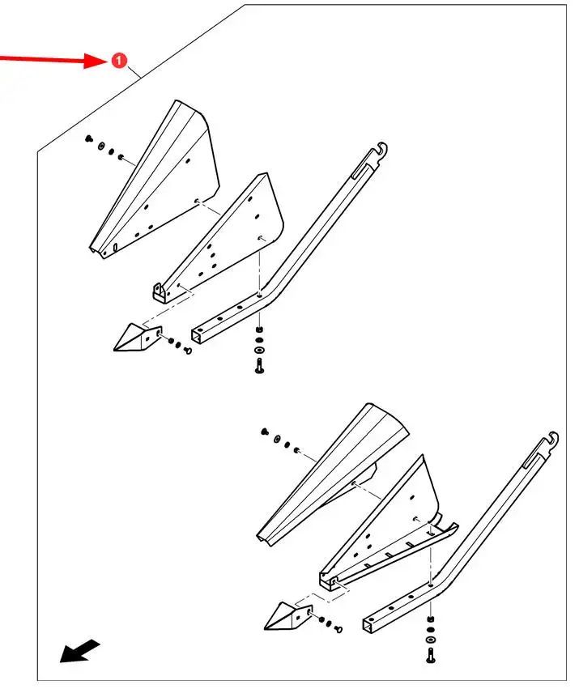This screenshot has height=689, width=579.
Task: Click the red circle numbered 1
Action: coord(119,61)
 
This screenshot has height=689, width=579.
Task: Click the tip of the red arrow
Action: coord(109,61)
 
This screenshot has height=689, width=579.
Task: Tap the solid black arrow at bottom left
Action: coord(79,651)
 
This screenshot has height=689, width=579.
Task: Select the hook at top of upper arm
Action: coord(381,151)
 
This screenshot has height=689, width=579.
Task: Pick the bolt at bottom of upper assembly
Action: coord(259,366)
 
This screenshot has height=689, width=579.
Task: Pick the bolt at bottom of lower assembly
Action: coord(430,655)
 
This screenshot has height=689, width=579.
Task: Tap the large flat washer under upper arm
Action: coord(259,351)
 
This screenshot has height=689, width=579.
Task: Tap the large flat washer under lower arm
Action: coord(431,639)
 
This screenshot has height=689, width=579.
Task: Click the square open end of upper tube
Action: coord(198,336)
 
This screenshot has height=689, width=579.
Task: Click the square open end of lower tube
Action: coord(368,625)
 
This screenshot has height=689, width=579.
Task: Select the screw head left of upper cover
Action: coord(88,139)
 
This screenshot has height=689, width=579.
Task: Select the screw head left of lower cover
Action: coord(265,432)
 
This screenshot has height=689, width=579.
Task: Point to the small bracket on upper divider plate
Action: coord(158,291)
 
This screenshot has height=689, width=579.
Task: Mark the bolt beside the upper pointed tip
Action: coord(188,351)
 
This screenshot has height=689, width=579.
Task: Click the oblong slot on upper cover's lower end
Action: coord(115,248)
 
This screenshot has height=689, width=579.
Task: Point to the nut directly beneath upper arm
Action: coord(259,330)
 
